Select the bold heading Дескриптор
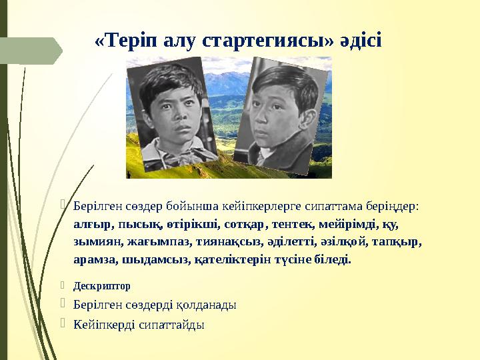102,285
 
